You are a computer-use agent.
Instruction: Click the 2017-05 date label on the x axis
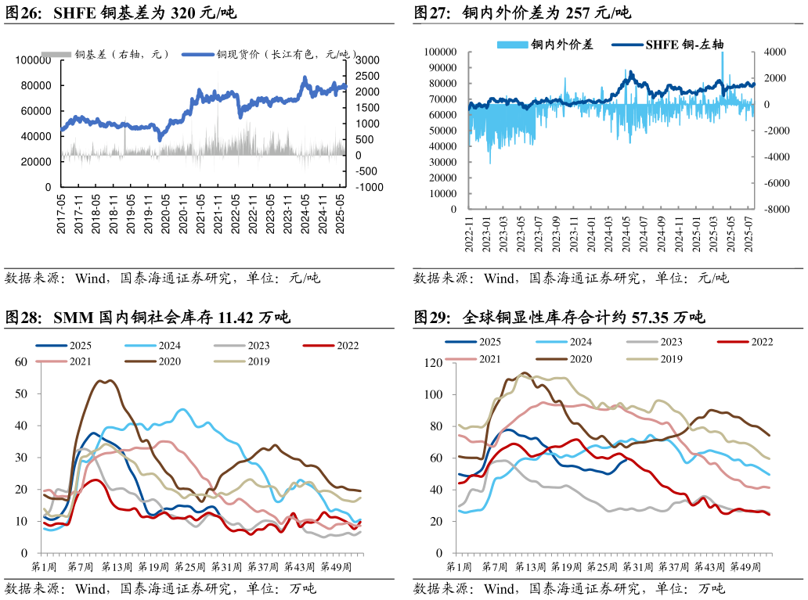pyautogui.click(x=62, y=214)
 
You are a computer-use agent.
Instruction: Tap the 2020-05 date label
pyautogui.click(x=165, y=214)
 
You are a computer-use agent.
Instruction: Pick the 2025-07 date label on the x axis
pyautogui.click(x=748, y=234)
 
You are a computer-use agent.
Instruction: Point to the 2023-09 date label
pyautogui.click(x=556, y=234)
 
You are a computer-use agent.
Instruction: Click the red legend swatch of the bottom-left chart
pyautogui.click(x=319, y=345)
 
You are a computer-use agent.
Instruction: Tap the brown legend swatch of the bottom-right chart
pyautogui.click(x=552, y=358)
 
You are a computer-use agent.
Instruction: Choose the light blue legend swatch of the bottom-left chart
pyautogui.click(x=141, y=345)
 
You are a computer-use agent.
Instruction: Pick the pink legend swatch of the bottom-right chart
pyautogui.click(x=460, y=358)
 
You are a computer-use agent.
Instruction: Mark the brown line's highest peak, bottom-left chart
pyautogui.click(x=100, y=380)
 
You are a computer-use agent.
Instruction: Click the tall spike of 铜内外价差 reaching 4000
pyautogui.click(x=722, y=53)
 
